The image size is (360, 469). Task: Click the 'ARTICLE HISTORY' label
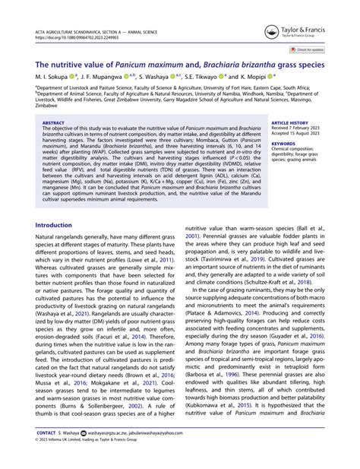[x=289, y=122]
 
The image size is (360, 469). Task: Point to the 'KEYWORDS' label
[x=283, y=142]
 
